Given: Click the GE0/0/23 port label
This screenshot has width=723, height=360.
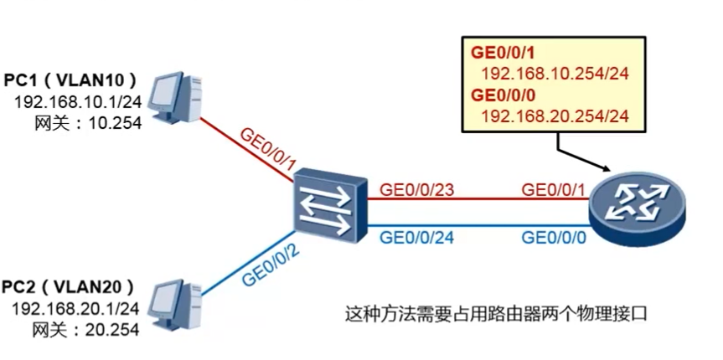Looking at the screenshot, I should (417, 190).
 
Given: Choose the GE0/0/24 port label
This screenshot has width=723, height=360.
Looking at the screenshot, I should (417, 236).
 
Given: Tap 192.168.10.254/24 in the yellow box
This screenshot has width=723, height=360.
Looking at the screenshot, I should (555, 73).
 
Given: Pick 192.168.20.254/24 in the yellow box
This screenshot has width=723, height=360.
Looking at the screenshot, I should (555, 115).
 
